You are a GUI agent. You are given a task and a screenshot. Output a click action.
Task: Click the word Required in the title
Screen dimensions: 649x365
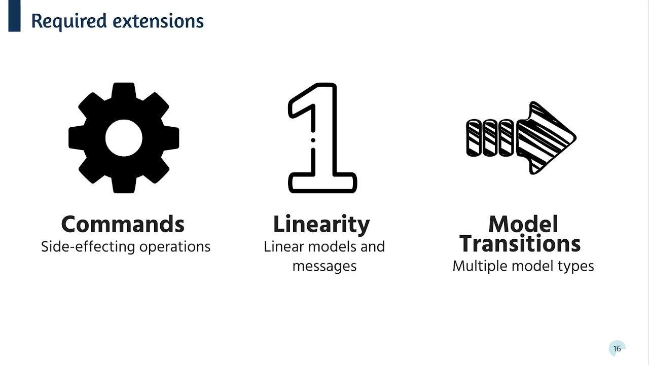click(x=69, y=21)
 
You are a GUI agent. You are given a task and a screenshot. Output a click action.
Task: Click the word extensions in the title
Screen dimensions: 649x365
click(x=158, y=21)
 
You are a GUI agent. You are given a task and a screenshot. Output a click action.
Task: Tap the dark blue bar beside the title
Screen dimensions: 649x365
click(x=15, y=16)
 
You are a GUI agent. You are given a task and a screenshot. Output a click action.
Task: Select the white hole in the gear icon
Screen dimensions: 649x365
click(x=124, y=138)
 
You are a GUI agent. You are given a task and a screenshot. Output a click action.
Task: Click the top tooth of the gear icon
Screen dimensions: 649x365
click(x=124, y=90)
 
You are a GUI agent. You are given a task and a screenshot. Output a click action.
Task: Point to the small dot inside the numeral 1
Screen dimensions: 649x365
click(x=313, y=140)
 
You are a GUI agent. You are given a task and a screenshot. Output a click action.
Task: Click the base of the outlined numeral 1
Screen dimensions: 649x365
click(x=322, y=183)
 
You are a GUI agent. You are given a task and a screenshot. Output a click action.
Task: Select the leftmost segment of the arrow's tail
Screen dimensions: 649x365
click(x=474, y=138)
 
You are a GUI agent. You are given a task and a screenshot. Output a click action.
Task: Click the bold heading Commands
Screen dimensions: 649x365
click(x=123, y=224)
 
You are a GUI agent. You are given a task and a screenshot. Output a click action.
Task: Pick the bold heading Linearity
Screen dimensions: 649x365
click(x=321, y=225)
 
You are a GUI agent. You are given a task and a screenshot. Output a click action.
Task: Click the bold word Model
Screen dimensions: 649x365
click(x=523, y=224)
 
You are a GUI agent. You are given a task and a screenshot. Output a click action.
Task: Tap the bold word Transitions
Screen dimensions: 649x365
click(x=520, y=244)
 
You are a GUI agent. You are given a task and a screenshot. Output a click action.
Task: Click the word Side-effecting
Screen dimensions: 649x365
click(x=88, y=247)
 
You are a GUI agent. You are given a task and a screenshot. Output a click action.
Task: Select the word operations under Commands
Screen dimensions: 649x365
click(x=175, y=247)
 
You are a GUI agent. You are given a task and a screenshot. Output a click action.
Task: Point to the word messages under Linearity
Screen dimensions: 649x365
click(x=324, y=267)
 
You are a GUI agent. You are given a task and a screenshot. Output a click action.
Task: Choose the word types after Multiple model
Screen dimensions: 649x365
click(x=576, y=267)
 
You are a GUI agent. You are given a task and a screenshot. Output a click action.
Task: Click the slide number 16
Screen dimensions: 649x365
click(x=617, y=348)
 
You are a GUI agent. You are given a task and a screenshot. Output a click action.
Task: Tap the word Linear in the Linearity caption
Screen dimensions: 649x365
click(x=284, y=247)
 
